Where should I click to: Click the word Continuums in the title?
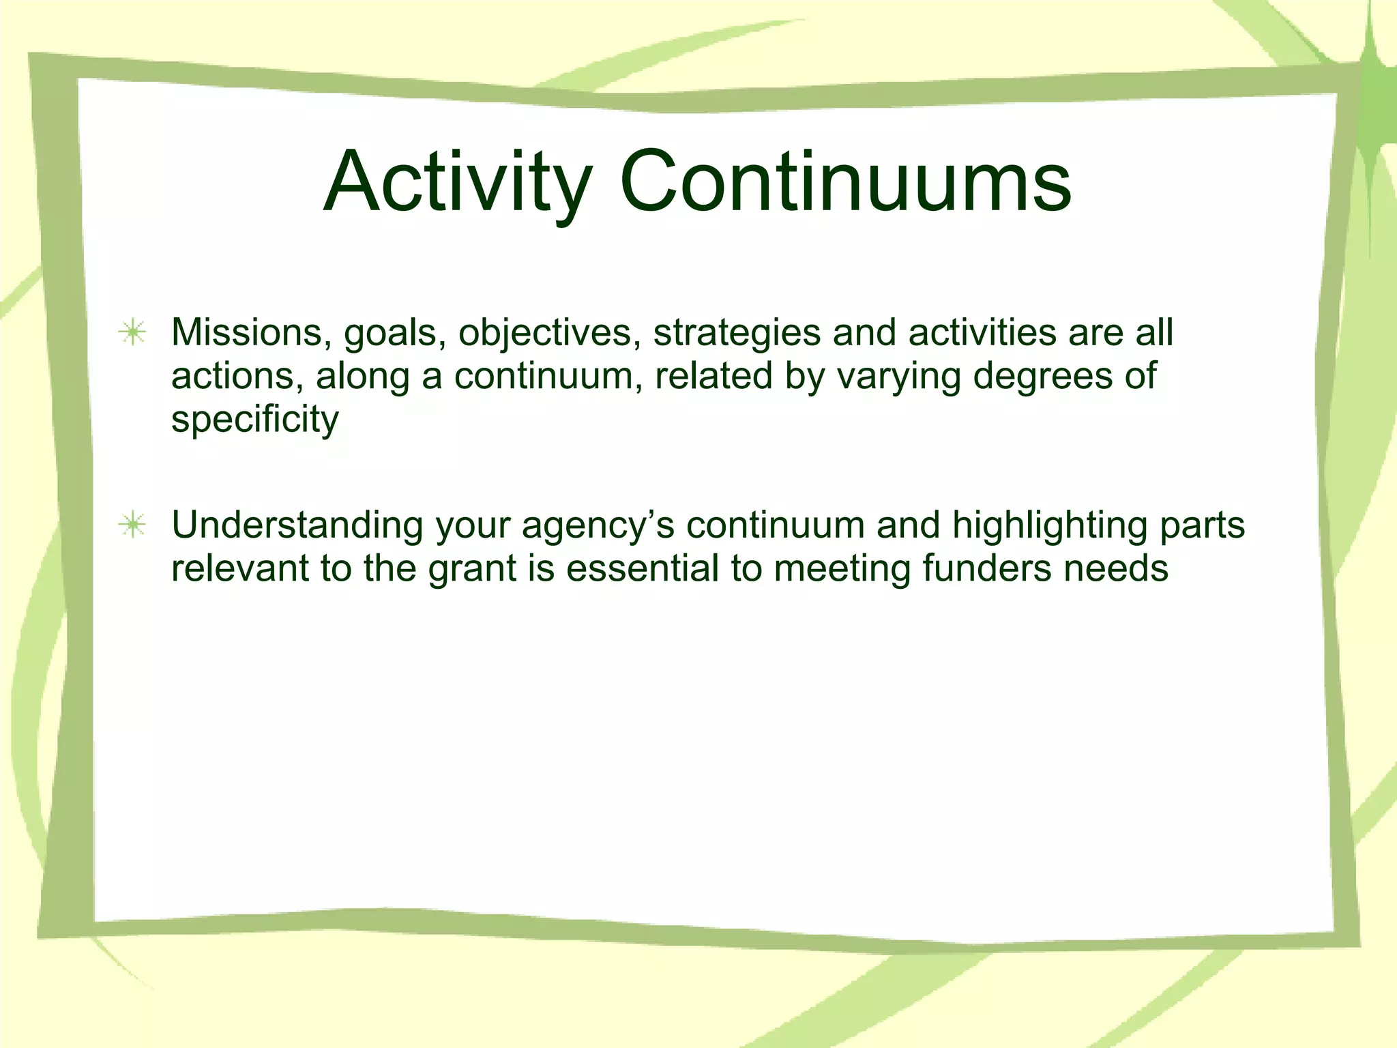tap(845, 183)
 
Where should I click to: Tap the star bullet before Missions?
tap(132, 333)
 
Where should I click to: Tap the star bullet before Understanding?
tap(132, 525)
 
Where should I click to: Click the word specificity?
tap(254, 420)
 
